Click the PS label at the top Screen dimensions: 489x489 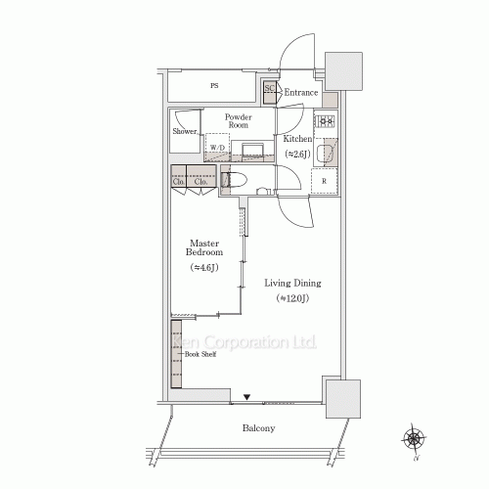click(213, 86)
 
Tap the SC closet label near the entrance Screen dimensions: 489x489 click(269, 89)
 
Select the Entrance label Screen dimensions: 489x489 click(301, 93)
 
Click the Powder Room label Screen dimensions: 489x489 click(239, 119)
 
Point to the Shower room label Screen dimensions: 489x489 click(186, 131)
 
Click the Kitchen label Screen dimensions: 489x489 click(297, 139)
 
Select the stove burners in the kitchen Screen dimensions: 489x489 click(325, 123)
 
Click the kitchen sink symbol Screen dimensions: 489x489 click(325, 152)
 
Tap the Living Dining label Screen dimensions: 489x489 click(292, 284)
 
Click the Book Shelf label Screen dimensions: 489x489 click(200, 354)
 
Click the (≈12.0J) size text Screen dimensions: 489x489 click(292, 297)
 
